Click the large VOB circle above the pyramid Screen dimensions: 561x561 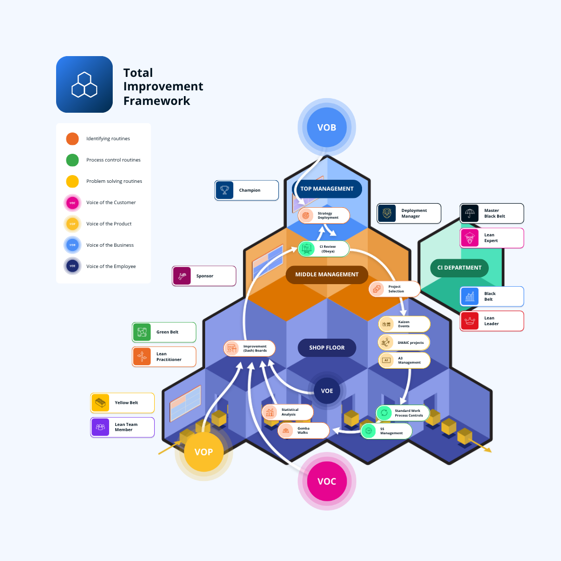coord(326,127)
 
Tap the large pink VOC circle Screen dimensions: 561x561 coord(326,481)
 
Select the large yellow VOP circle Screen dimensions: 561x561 coord(204,451)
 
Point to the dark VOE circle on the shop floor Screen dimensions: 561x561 coord(327,391)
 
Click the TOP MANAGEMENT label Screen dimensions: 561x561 coord(327,189)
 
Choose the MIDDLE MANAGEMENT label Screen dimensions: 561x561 coord(327,274)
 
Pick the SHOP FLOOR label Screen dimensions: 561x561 coord(327,348)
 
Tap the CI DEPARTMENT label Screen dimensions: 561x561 coord(459,268)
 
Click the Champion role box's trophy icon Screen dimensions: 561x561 coord(224,190)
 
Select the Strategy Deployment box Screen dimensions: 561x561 coord(324,215)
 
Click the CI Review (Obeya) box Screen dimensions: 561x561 coord(324,249)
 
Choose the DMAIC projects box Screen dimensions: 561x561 coord(404,342)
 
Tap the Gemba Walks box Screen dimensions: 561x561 coord(303,431)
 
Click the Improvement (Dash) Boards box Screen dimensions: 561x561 coord(249,348)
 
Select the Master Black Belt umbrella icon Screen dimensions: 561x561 coord(470,213)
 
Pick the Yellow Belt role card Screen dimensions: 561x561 coord(122,403)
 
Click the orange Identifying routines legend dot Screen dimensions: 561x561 coord(72,139)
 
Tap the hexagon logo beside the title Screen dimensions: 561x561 coord(84,84)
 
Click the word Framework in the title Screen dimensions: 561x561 coord(157,101)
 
